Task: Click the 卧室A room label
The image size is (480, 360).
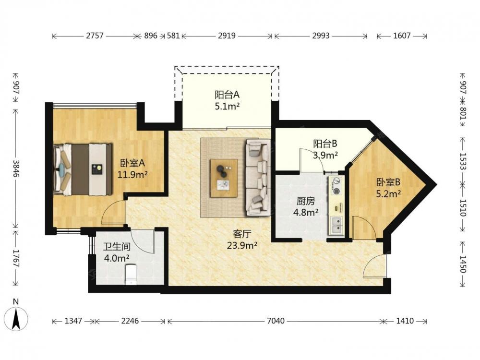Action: tap(132, 163)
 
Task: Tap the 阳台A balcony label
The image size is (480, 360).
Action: tap(227, 95)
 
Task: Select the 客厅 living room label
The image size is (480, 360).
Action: tap(242, 234)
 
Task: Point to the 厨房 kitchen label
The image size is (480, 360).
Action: tap(305, 201)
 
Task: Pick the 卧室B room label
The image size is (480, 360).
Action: tap(388, 182)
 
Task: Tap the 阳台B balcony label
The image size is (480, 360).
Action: tap(325, 143)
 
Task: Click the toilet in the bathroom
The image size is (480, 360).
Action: tap(131, 274)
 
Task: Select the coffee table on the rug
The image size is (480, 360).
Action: tap(224, 178)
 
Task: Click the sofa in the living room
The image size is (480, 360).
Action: tap(258, 178)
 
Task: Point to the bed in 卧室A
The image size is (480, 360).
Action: tap(83, 169)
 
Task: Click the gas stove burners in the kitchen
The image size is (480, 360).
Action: tap(336, 186)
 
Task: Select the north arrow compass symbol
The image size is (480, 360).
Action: tap(16, 317)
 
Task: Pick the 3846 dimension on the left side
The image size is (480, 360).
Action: tap(16, 168)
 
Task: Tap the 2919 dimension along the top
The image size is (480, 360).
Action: tap(227, 36)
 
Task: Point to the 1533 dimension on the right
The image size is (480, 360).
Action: tap(463, 161)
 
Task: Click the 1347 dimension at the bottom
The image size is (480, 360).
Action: tap(73, 321)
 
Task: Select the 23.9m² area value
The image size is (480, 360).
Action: tap(242, 245)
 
